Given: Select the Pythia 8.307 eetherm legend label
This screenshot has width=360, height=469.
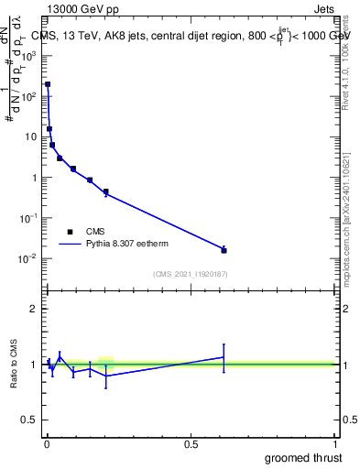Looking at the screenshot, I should click(127, 245).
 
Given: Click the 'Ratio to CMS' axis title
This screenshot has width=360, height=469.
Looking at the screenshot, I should click(16, 365).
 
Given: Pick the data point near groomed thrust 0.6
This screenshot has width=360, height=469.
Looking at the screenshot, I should click(224, 250).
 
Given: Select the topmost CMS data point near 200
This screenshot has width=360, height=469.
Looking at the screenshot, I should click(48, 84).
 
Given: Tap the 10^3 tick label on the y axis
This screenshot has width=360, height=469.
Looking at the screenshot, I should click(29, 55).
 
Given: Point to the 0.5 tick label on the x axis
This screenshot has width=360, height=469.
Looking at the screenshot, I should click(191, 444).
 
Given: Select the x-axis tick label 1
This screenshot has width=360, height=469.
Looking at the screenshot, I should click(335, 444).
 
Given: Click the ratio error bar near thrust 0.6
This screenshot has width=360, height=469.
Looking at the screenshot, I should click(224, 357).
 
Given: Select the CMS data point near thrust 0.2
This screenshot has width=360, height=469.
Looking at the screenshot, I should click(106, 192).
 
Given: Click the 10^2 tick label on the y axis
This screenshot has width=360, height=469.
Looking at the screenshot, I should click(29, 95).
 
